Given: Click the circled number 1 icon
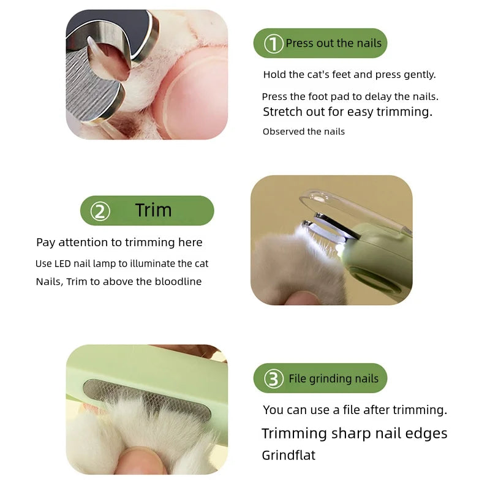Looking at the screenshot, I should (x=273, y=43).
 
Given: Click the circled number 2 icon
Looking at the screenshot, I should (x=100, y=211).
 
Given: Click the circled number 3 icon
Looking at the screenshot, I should (x=273, y=379).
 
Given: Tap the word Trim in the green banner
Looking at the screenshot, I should (x=153, y=210).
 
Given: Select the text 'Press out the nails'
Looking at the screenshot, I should (x=333, y=43).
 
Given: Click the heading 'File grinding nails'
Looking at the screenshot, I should (x=333, y=379).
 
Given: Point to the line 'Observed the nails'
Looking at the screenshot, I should (x=304, y=132).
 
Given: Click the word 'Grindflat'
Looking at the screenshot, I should (x=288, y=455).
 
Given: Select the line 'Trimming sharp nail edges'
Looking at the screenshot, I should (x=354, y=434).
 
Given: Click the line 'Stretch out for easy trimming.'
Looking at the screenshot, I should (x=347, y=112).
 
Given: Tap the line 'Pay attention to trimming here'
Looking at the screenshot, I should (x=119, y=243).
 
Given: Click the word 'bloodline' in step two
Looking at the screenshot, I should (x=177, y=282).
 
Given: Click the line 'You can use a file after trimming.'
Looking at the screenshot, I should (x=355, y=410).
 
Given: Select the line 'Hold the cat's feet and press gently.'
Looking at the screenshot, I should (x=349, y=75).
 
